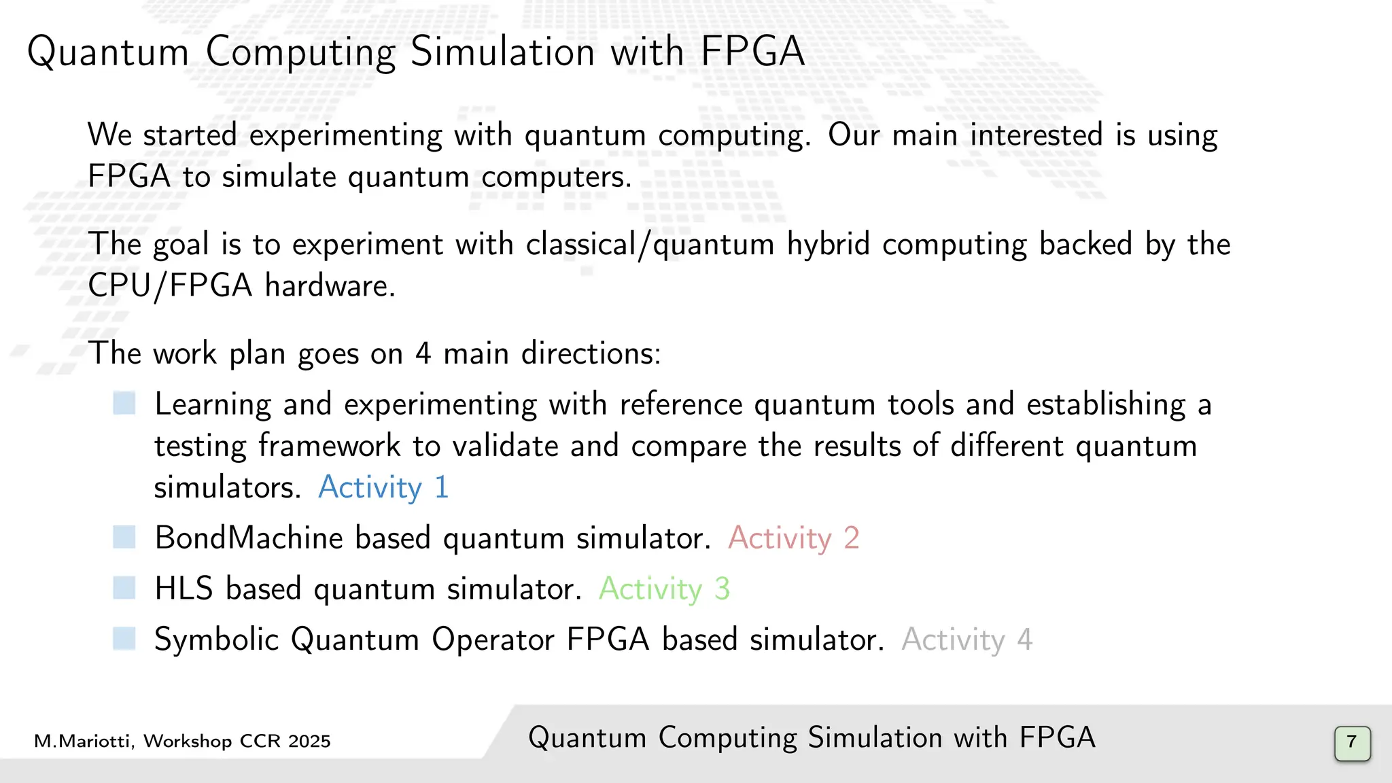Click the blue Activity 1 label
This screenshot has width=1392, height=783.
[x=383, y=487]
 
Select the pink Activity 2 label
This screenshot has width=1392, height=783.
[x=793, y=538]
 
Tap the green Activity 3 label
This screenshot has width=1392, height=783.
[x=663, y=589]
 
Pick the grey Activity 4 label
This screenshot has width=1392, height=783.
[x=967, y=640]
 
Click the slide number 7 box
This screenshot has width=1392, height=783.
[x=1352, y=743]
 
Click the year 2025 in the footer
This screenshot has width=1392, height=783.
[x=309, y=741]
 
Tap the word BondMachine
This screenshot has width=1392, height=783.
[x=249, y=538]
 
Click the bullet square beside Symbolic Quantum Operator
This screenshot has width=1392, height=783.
[x=124, y=639]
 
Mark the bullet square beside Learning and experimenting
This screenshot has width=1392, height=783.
[x=124, y=403]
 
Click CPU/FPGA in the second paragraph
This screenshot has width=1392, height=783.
[x=170, y=285]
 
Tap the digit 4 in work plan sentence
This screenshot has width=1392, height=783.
[x=423, y=353]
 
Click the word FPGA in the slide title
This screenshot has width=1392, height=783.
[x=752, y=52]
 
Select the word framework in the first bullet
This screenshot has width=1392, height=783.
[x=329, y=446]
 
